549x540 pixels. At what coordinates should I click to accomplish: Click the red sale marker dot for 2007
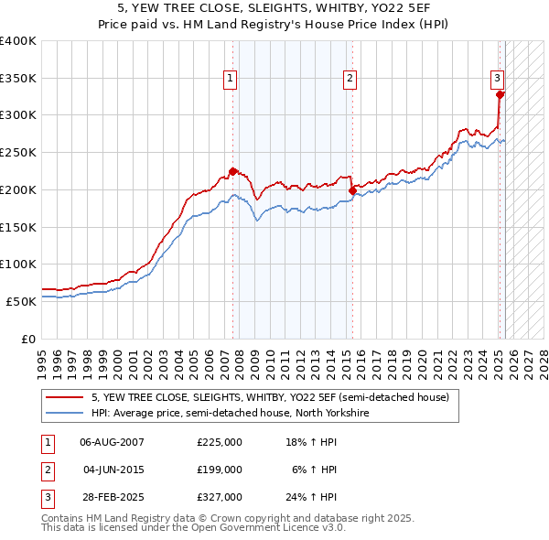click(x=232, y=171)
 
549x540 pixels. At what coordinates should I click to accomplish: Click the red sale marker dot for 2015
click(x=352, y=190)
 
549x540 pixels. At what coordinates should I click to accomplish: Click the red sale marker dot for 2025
click(x=500, y=94)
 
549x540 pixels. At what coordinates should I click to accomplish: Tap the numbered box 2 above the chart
click(x=350, y=79)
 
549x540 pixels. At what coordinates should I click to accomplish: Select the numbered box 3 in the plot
click(x=496, y=79)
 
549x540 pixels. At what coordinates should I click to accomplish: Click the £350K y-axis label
click(x=18, y=79)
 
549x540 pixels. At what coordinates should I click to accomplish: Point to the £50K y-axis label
click(x=21, y=300)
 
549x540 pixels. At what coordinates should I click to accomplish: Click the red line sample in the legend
click(x=65, y=398)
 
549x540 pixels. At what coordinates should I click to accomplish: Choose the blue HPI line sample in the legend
click(x=65, y=413)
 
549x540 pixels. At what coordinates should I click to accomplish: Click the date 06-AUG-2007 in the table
click(x=113, y=442)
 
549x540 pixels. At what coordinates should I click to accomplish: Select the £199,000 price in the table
click(x=220, y=470)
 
